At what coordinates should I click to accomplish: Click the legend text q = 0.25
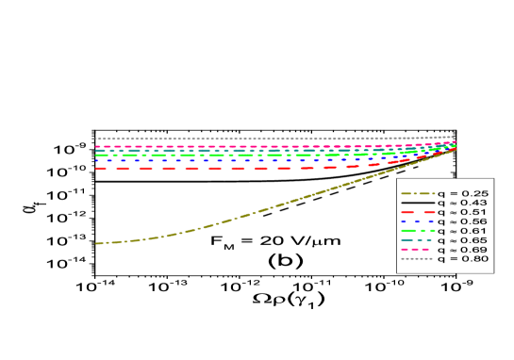[x=461, y=192]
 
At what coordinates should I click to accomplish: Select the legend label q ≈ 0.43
[x=461, y=202]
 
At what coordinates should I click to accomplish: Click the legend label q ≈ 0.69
[x=461, y=249]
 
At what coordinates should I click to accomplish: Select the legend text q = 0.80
[x=461, y=258]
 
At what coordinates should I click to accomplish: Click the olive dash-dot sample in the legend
[x=417, y=192]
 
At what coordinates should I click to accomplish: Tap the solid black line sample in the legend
[x=417, y=202]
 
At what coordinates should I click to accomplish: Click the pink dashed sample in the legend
[x=417, y=249]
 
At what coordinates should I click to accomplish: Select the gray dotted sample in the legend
[x=417, y=258]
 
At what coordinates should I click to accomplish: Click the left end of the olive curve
[x=96, y=243]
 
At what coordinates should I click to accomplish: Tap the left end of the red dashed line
[x=97, y=169]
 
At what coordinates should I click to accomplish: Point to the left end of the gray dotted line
[x=96, y=139]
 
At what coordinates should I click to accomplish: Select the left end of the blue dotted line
[x=96, y=161]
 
